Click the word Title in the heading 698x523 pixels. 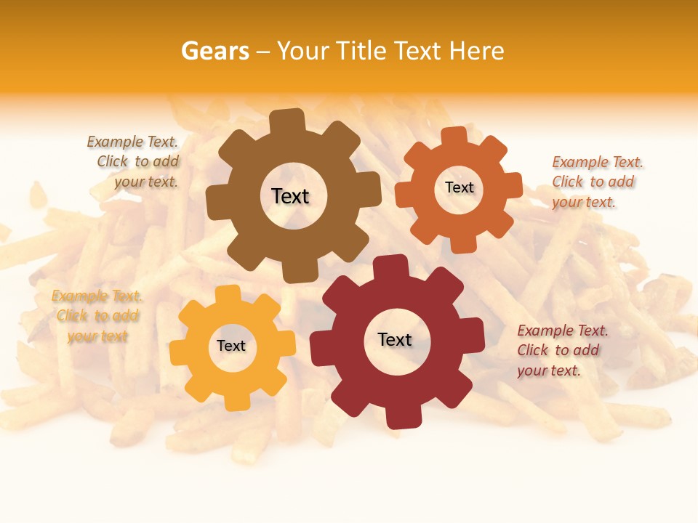[x=361, y=51]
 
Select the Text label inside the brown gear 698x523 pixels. [x=290, y=196]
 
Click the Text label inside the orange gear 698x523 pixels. [x=459, y=187]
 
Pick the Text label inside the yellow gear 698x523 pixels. [x=231, y=346]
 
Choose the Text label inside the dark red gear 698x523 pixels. [x=395, y=339]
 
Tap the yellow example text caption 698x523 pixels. [x=97, y=316]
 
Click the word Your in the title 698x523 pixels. [x=304, y=51]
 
